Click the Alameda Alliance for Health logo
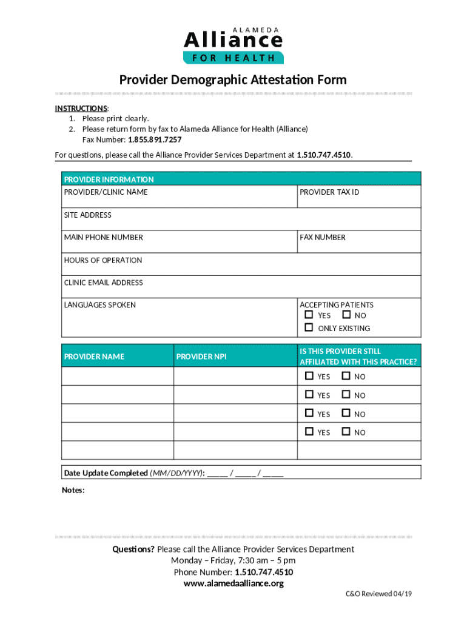coord(233,45)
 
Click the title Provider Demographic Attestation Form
coord(233,80)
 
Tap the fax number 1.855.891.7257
coord(155,139)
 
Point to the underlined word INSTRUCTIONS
coord(81,109)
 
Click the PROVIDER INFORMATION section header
coord(109,180)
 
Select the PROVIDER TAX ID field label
coord(329,192)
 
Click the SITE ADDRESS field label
coord(88,215)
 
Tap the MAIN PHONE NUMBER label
coord(104,238)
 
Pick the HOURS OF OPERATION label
coord(103,260)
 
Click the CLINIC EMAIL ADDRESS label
coord(104,283)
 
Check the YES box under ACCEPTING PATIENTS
coord(309,315)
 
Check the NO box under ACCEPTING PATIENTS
coord(346,315)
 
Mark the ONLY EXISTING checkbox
coord(309,328)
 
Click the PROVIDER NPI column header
coord(201,357)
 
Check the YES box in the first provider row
coord(309,377)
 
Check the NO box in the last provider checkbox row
coord(346,432)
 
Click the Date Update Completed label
coord(106,473)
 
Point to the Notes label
coord(73,490)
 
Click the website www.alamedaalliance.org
coord(233,583)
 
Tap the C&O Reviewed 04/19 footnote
coord(375,594)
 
